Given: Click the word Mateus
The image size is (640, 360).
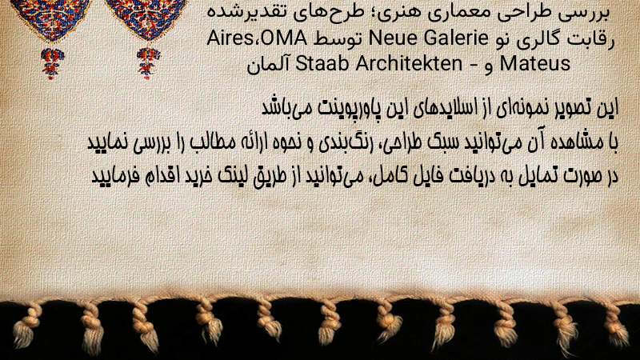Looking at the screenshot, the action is click(534, 64).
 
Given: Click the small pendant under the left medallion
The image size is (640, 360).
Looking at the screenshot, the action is click(52, 63).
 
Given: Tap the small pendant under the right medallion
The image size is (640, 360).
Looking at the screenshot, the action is click(148, 63).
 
